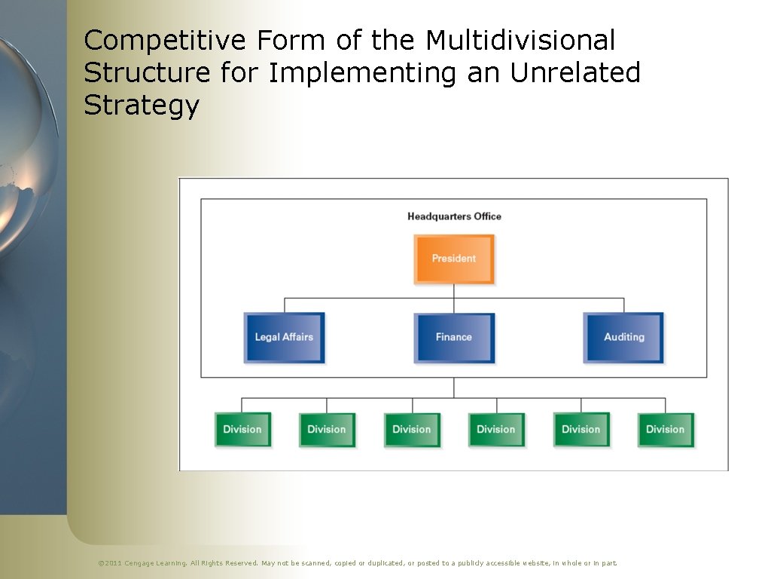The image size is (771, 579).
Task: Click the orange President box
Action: click(x=454, y=259)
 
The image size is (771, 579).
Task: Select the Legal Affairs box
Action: click(x=284, y=337)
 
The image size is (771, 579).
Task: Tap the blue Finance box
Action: click(x=454, y=337)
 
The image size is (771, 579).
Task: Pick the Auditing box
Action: click(x=624, y=337)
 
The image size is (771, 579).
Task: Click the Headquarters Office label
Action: click(x=454, y=216)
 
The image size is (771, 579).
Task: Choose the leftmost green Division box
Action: click(x=242, y=429)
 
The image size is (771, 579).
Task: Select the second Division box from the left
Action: click(x=327, y=429)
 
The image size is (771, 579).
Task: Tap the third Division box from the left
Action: click(x=412, y=429)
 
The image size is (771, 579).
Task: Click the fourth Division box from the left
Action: click(x=496, y=429)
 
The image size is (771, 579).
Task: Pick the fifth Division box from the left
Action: click(x=581, y=429)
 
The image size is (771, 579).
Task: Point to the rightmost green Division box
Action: click(x=666, y=429)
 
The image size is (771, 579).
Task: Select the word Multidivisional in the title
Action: click(x=521, y=40)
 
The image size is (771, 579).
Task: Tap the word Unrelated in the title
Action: click(x=575, y=73)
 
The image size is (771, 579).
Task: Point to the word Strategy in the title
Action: click(x=141, y=106)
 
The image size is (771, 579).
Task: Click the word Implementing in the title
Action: click(x=362, y=73)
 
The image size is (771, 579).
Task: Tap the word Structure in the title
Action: click(x=148, y=73)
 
